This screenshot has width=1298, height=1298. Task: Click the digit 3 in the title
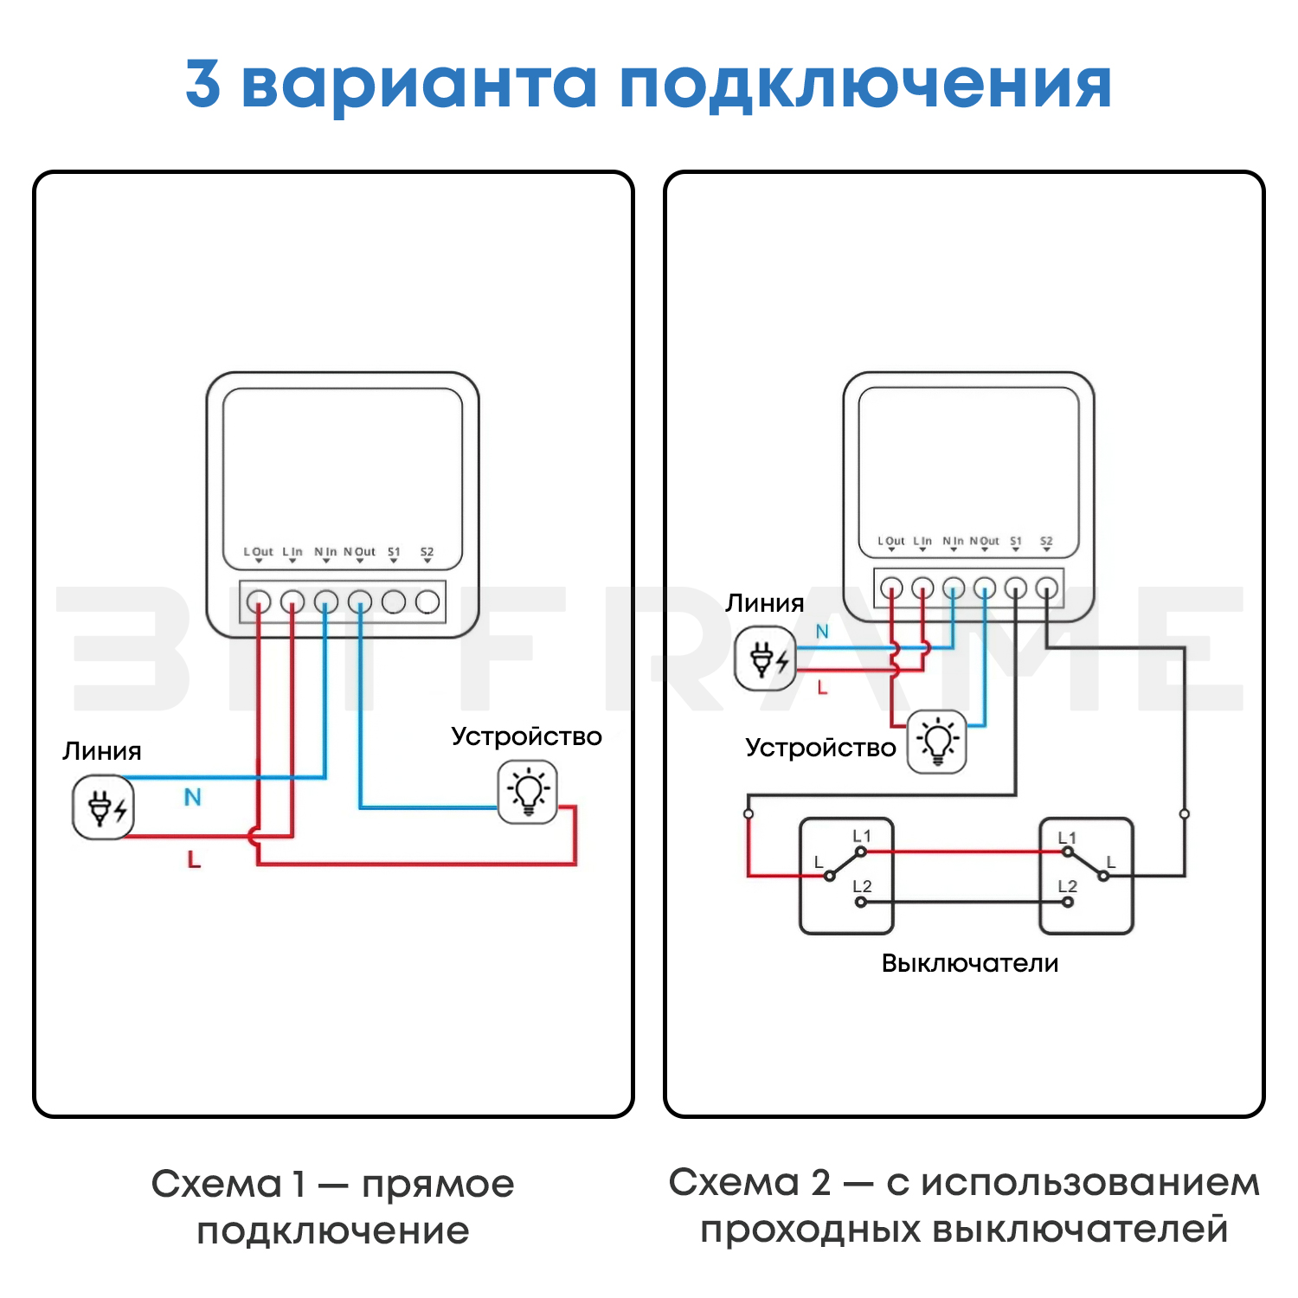pos(203,84)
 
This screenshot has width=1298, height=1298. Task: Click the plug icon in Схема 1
pos(103,807)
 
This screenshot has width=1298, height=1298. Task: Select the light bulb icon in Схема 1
pos(528,792)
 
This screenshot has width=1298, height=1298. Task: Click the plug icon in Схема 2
pos(765,659)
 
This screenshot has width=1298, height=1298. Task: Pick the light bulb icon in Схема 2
pos(936,742)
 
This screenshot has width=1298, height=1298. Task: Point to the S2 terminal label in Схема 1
pos(427,552)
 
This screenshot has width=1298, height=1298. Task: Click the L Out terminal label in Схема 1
pos(258,552)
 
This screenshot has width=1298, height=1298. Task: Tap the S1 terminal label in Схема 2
pos(1016,542)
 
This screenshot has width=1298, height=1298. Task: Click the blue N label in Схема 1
pos(192,797)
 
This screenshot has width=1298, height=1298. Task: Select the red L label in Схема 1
pos(194,859)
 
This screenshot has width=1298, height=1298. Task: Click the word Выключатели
pos(969,963)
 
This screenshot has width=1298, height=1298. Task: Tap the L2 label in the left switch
pos(862,886)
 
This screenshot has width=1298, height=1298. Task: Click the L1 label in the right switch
pos(1067,838)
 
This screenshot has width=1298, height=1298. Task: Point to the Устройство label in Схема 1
pos(526,736)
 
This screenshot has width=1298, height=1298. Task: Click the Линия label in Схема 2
pos(764,603)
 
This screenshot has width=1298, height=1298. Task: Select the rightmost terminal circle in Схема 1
pos(427,601)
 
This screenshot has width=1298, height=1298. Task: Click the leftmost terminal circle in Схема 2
pos(891,588)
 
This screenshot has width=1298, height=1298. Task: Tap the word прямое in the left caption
pos(438,1185)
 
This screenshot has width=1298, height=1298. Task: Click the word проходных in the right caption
pos(810,1230)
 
